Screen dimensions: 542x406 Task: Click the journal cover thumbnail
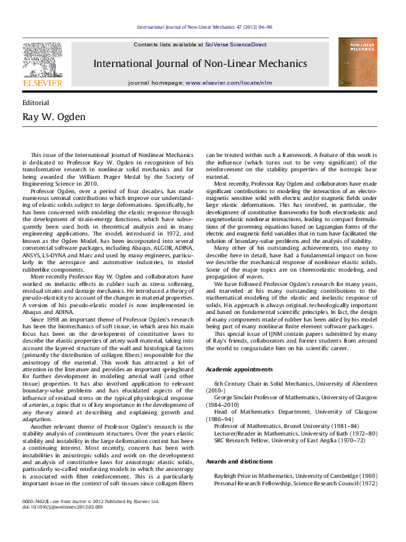pos(358,62)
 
